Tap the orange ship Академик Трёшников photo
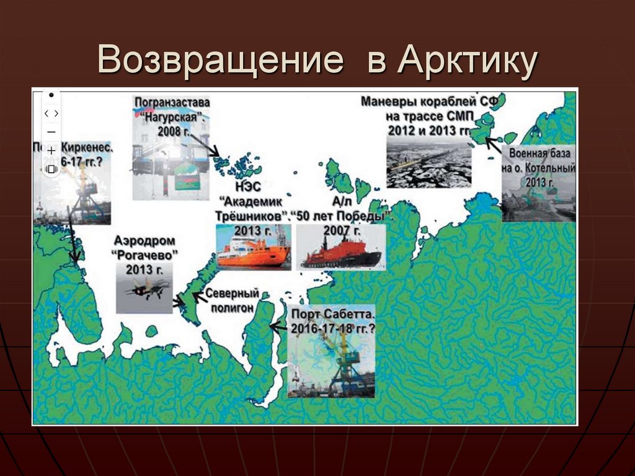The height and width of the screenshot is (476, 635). coord(253,248)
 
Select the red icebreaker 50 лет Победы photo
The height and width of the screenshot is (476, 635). coord(342,248)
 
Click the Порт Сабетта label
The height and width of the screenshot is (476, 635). coord(333,321)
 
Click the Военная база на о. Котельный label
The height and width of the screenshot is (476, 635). coord(538,167)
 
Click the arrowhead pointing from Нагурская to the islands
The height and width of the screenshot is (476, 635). coord(217,154)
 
